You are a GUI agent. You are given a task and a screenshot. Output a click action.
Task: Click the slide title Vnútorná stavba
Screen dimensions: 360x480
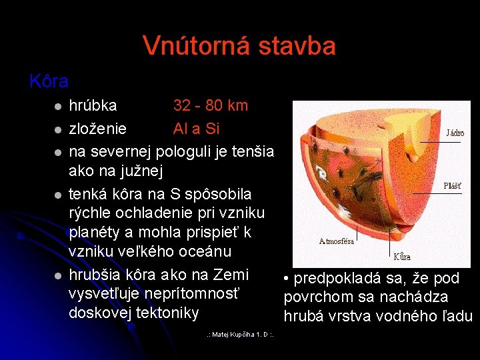(x=239, y=46)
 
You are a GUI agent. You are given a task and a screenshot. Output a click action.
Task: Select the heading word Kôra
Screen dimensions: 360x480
(x=49, y=82)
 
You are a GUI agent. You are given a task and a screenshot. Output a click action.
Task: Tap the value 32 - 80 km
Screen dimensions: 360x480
(x=211, y=105)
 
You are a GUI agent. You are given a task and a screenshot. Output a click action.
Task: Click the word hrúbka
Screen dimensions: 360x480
(x=93, y=105)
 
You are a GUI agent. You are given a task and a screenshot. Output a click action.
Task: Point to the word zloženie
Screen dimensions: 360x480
(x=98, y=127)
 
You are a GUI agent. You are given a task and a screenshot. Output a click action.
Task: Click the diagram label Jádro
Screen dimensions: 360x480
(x=455, y=133)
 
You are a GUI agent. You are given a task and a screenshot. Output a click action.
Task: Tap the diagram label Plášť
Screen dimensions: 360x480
(x=454, y=186)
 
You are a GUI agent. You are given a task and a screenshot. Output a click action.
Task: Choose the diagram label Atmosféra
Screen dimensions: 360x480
(x=337, y=241)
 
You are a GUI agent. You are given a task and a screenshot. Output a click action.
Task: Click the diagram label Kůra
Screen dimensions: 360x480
(x=401, y=256)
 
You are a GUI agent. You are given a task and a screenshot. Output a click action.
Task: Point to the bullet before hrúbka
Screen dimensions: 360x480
(x=58, y=107)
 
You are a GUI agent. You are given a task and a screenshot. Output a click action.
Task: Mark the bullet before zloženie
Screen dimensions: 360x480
(x=58, y=129)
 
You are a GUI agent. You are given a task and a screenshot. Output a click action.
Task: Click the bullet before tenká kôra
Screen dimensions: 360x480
(x=58, y=195)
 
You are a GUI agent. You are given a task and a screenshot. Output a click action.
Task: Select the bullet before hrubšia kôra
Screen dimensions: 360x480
(x=58, y=276)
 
